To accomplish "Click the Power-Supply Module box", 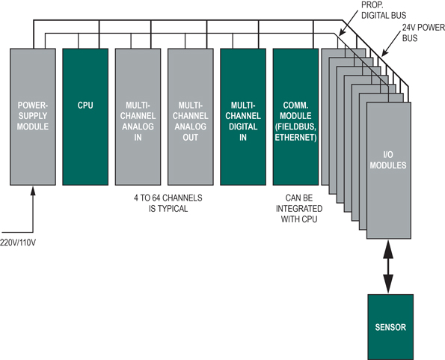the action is point(33,117).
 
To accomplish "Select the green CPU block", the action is point(85,117).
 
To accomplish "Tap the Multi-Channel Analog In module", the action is point(138,117).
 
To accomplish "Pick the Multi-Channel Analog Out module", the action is point(191,117).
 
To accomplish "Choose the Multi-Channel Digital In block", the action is point(243,117).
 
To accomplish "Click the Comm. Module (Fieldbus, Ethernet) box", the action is point(295,117).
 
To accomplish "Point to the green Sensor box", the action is point(390,327).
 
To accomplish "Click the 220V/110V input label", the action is point(18,243).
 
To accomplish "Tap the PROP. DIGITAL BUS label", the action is point(384,10).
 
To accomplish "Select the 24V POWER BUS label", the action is point(423,33).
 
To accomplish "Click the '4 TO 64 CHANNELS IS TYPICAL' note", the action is point(168,204).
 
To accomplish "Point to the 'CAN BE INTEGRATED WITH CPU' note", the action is point(299,209).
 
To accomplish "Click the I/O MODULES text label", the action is point(388,160).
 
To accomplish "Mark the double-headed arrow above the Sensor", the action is point(388,266).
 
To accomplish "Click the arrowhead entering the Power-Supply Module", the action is point(33,191).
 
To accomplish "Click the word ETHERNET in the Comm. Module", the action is point(295,138).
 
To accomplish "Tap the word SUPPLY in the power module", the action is point(33,116).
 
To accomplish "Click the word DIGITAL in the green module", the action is point(243,126).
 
